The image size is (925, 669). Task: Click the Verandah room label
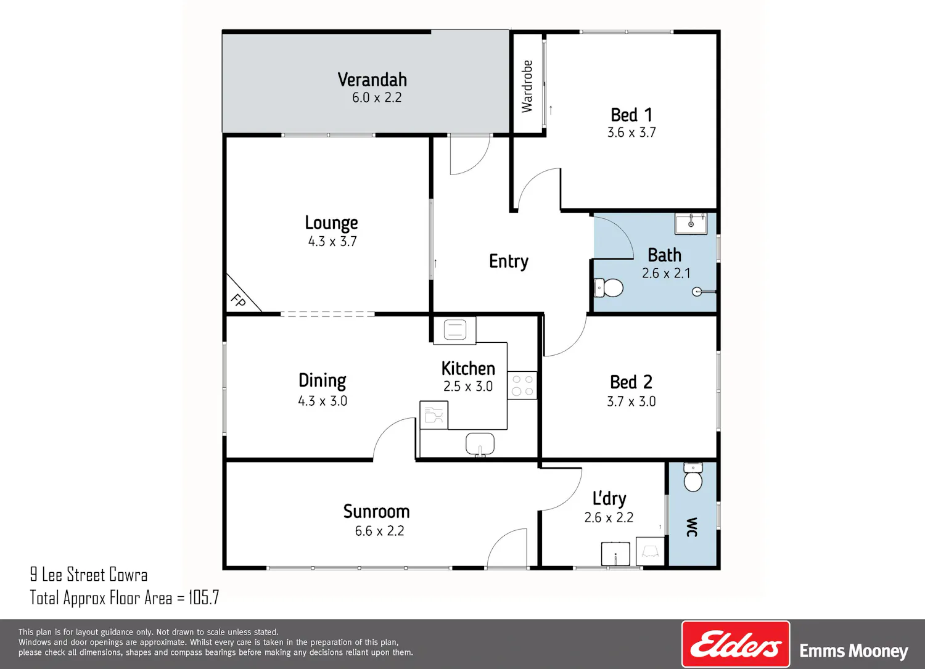pyautogui.click(x=372, y=80)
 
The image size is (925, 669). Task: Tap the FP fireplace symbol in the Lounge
pyautogui.click(x=239, y=300)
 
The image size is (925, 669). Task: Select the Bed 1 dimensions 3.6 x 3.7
pyautogui.click(x=631, y=132)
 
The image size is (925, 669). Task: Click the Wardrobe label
pyautogui.click(x=527, y=86)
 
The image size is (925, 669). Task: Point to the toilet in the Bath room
pyautogui.click(x=609, y=288)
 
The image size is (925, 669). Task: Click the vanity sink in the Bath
pyautogui.click(x=691, y=223)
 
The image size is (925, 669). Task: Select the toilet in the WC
pyautogui.click(x=693, y=477)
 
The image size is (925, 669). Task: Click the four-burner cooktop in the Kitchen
pyautogui.click(x=522, y=385)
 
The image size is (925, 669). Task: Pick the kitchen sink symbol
pyautogui.click(x=480, y=445)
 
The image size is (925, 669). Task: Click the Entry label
pyautogui.click(x=509, y=261)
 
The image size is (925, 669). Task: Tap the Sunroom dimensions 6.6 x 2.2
pyautogui.click(x=379, y=531)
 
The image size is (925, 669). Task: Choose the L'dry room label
pyautogui.click(x=609, y=499)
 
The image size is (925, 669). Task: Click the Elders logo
pyautogui.click(x=736, y=644)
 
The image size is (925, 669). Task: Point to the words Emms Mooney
pyautogui.click(x=854, y=651)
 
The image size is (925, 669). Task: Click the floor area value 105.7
pyautogui.click(x=204, y=597)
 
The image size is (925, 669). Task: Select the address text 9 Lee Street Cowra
pyautogui.click(x=89, y=575)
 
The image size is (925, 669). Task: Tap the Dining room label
pyautogui.click(x=323, y=381)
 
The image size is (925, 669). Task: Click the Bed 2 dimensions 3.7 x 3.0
pyautogui.click(x=631, y=401)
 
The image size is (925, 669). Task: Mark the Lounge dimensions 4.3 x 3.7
pyautogui.click(x=332, y=241)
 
